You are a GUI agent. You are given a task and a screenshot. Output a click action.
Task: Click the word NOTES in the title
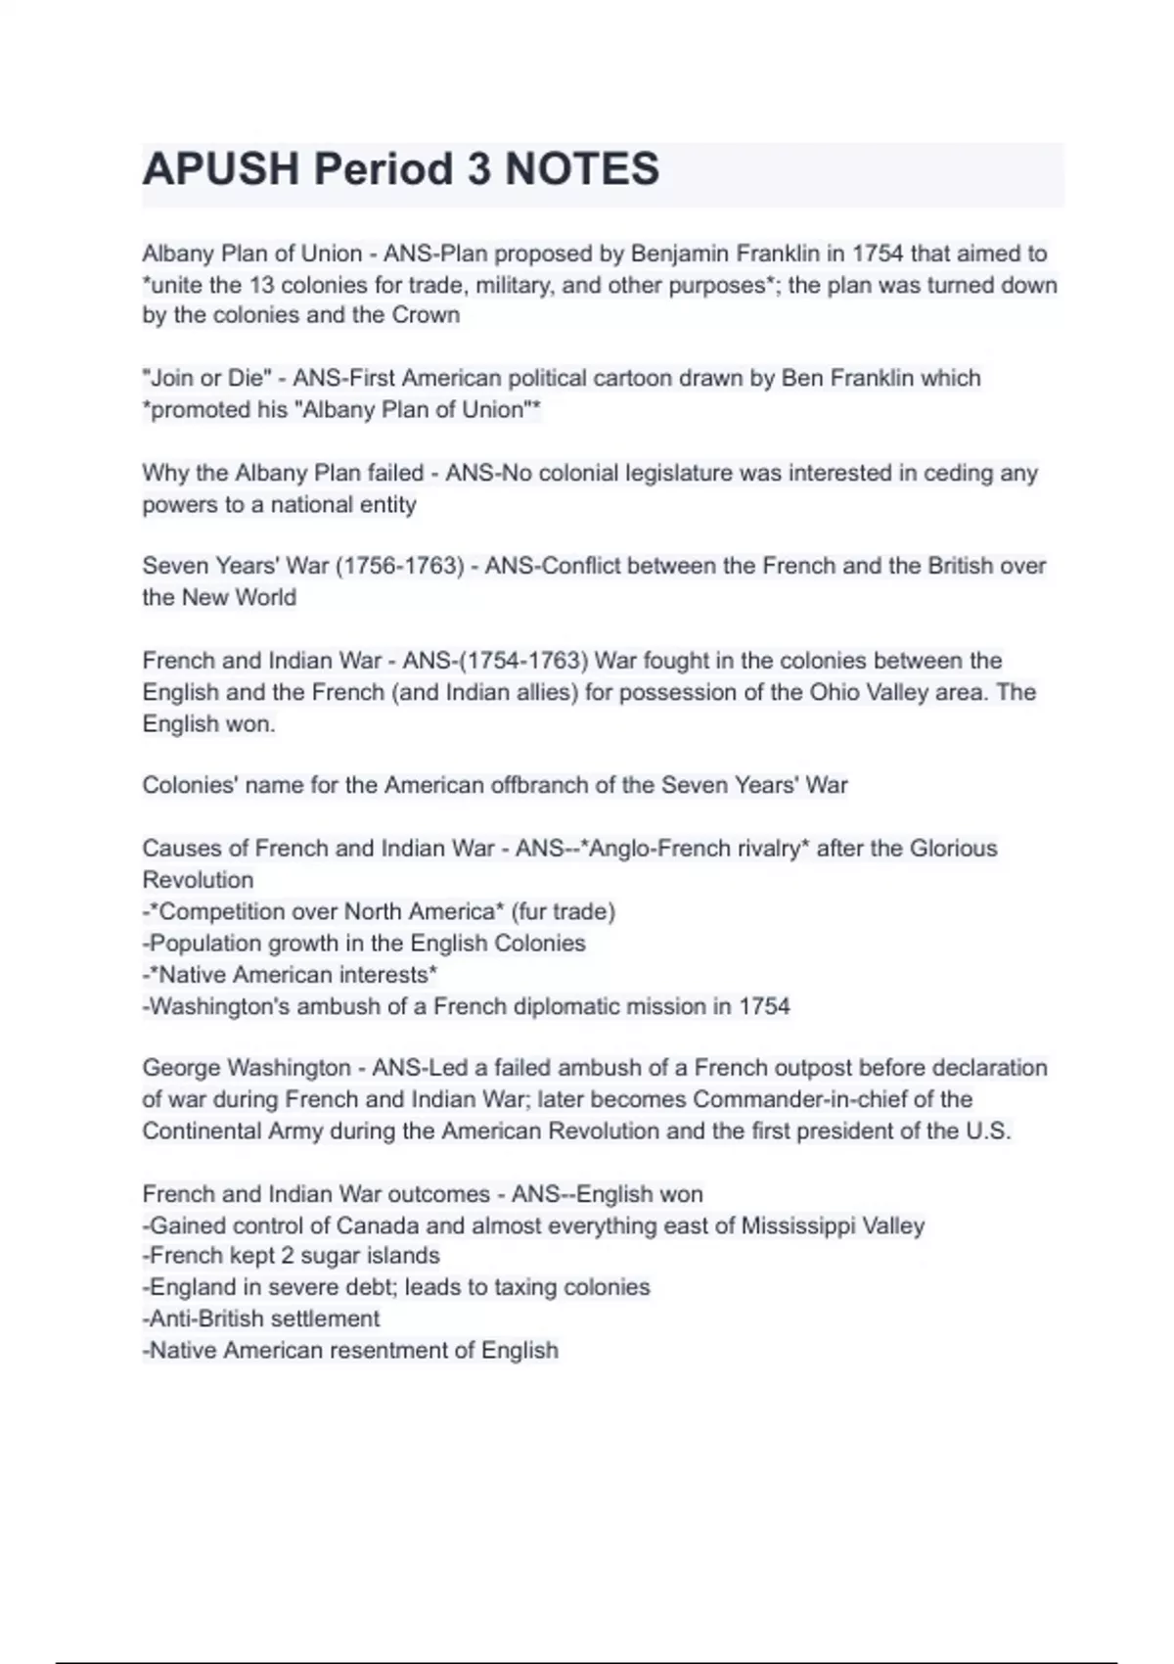582,168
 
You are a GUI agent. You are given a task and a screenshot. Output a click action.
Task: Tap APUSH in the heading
221,168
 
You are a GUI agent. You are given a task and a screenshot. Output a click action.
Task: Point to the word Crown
426,315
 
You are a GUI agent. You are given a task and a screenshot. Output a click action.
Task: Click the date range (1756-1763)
400,566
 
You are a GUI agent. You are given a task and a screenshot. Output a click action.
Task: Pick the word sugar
321,1256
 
